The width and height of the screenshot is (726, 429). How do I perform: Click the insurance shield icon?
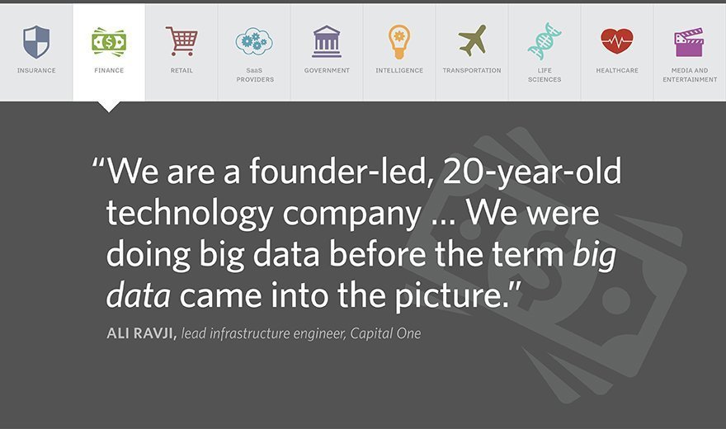pyautogui.click(x=36, y=41)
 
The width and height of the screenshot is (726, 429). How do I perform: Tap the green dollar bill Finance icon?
pyautogui.click(x=109, y=42)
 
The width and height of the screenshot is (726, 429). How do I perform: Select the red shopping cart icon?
pyautogui.click(x=181, y=41)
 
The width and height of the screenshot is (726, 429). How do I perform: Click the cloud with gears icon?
pyautogui.click(x=254, y=41)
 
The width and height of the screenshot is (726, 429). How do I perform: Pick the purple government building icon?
pyautogui.click(x=327, y=41)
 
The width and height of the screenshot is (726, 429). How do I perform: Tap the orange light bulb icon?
pyautogui.click(x=399, y=41)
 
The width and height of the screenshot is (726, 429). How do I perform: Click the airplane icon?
pyautogui.click(x=472, y=40)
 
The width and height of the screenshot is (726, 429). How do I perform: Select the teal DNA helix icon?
pyautogui.click(x=544, y=41)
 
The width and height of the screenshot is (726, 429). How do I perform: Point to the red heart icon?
pyautogui.click(x=617, y=40)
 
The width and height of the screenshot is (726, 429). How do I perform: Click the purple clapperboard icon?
pyautogui.click(x=689, y=42)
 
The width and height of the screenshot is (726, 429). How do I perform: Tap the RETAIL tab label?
pyautogui.click(x=181, y=70)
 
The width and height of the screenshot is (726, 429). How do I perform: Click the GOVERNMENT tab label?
pyautogui.click(x=327, y=70)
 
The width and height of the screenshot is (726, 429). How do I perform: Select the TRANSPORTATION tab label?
pyautogui.click(x=472, y=70)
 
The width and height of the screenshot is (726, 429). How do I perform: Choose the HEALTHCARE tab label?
pyautogui.click(x=617, y=70)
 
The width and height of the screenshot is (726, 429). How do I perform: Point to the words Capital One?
pyautogui.click(x=385, y=333)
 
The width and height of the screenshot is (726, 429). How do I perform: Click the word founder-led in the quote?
pyautogui.click(x=337, y=171)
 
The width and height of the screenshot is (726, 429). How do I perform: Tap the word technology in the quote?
pyautogui.click(x=190, y=214)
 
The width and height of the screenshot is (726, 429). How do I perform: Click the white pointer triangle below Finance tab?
pyautogui.click(x=109, y=106)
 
